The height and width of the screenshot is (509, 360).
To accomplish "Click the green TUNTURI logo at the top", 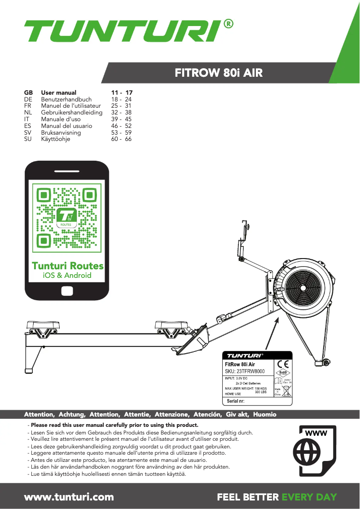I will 122,31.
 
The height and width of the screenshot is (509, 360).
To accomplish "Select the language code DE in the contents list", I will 28,99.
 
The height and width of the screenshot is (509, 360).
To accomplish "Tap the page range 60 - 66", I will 121,139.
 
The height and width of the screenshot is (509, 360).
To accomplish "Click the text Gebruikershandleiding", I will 72,112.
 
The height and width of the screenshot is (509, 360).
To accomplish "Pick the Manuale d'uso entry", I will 61,119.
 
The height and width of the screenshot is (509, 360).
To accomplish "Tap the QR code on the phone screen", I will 67,217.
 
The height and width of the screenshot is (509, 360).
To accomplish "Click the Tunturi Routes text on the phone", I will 67,266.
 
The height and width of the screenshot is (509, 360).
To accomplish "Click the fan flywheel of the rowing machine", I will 305,288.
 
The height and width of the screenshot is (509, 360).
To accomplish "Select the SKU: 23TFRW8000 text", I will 245,372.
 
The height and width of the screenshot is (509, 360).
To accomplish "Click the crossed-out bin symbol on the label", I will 287,390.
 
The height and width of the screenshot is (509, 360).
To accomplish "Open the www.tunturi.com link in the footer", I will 69,497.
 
